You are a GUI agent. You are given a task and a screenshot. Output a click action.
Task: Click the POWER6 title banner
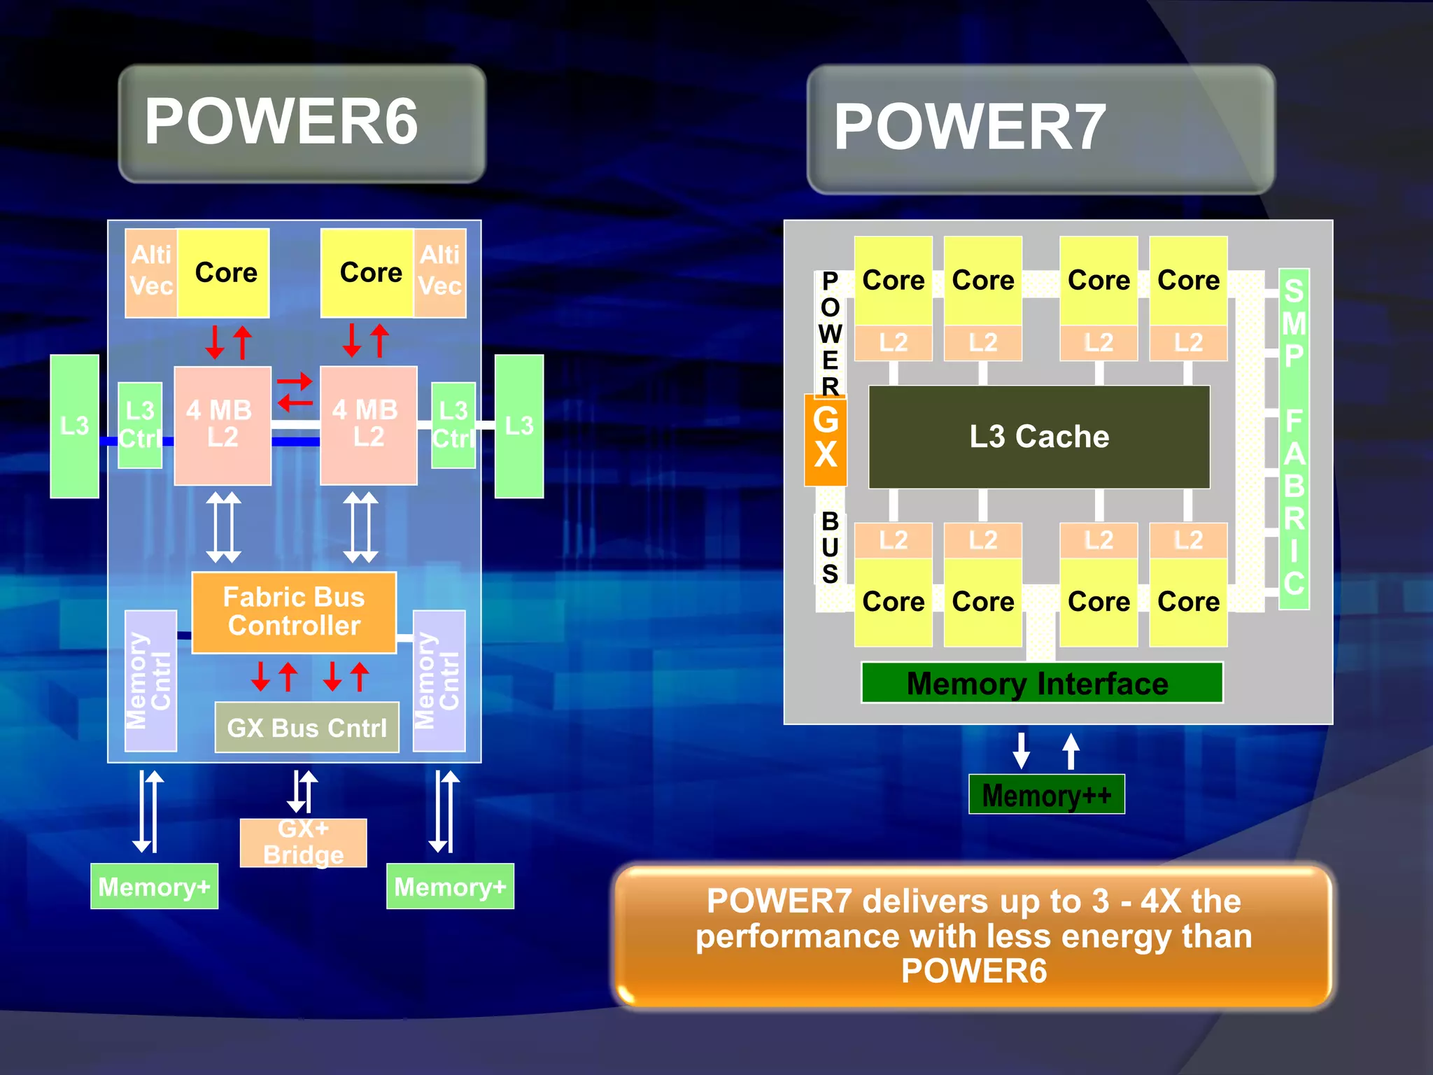click(302, 124)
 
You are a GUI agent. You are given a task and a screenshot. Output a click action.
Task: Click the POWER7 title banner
click(1040, 129)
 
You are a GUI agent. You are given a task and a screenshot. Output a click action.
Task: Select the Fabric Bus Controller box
click(294, 612)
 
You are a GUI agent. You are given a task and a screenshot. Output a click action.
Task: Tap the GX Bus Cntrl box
click(306, 728)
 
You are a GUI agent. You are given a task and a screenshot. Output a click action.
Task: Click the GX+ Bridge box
click(303, 843)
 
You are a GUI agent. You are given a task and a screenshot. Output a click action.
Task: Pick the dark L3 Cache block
click(1039, 437)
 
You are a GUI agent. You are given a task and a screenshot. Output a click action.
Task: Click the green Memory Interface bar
click(1041, 683)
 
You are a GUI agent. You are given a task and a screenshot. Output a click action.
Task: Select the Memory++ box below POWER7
click(1046, 794)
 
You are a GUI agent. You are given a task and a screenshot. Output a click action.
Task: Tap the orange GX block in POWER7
click(826, 440)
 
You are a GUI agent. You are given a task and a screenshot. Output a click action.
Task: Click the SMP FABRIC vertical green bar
click(1294, 438)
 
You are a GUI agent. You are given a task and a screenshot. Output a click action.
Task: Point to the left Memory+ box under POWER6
click(154, 886)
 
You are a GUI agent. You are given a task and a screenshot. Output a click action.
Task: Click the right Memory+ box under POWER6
click(450, 886)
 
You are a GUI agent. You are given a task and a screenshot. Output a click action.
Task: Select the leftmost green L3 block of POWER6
click(74, 426)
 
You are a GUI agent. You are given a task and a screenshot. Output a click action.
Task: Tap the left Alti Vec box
click(151, 272)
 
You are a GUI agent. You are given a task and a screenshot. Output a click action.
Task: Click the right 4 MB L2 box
click(368, 425)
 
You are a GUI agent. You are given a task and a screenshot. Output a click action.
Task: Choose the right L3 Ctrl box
click(453, 425)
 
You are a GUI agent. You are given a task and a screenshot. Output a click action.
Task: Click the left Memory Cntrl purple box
click(150, 681)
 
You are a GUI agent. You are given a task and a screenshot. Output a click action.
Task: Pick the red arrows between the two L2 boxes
click(295, 393)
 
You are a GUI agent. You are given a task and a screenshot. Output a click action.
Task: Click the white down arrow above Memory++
click(1022, 750)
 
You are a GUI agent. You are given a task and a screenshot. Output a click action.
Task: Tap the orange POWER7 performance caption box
click(973, 936)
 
